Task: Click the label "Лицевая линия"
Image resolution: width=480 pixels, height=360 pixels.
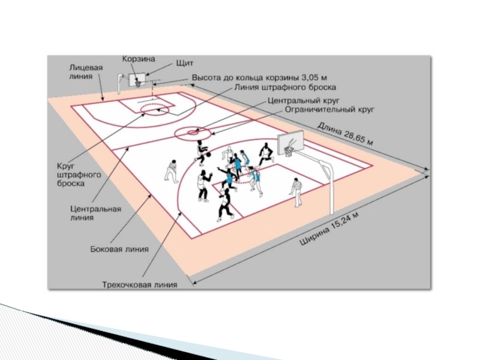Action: (x=84, y=72)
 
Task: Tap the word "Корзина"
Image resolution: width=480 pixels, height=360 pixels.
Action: (x=139, y=59)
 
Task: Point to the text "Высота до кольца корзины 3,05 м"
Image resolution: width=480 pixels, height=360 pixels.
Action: (x=259, y=78)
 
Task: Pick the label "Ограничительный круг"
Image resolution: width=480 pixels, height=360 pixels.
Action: (x=329, y=110)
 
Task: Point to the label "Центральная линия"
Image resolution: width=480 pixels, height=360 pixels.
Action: (x=96, y=213)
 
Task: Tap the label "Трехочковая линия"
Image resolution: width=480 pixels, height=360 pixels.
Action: (x=139, y=284)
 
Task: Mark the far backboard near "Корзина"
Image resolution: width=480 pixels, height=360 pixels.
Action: (x=139, y=79)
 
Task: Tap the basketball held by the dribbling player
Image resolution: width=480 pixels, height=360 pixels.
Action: (x=208, y=155)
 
